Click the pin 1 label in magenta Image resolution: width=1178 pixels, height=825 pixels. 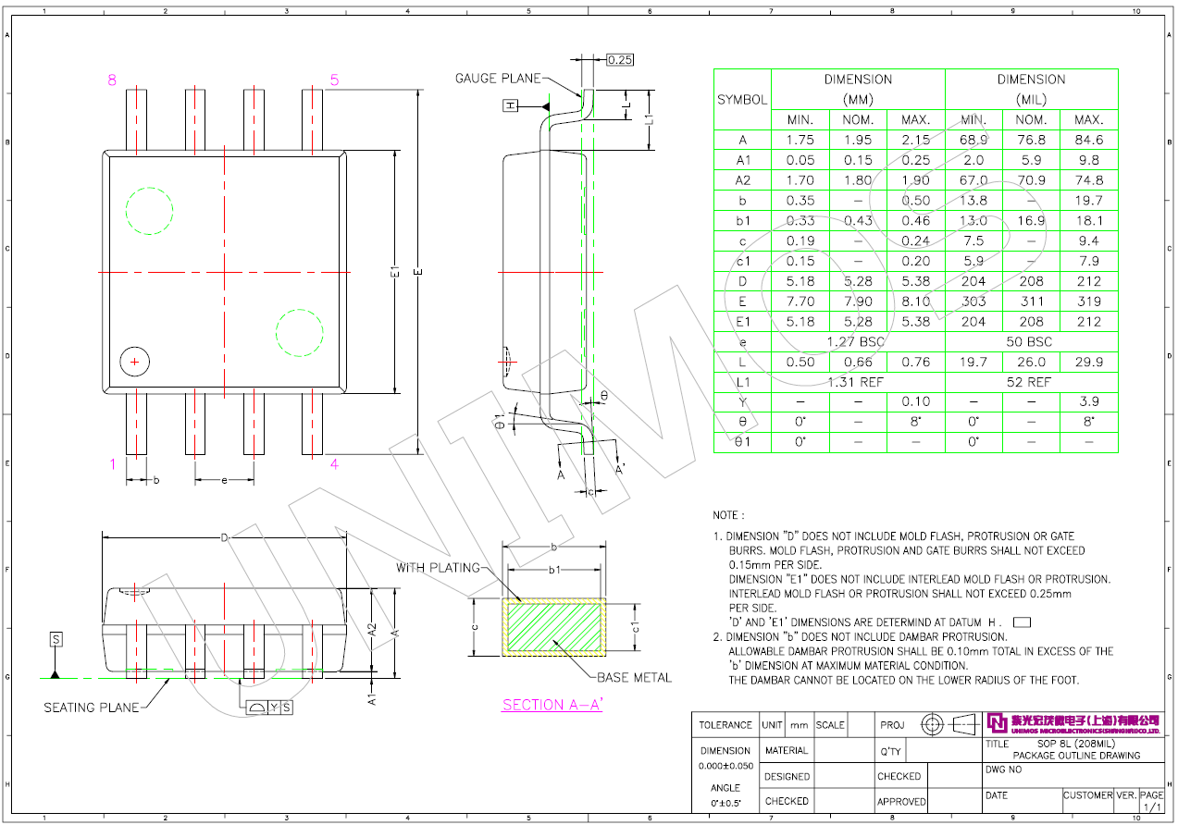(113, 464)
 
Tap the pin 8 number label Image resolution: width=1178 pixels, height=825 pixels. (112, 80)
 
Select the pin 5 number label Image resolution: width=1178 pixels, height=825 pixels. (334, 80)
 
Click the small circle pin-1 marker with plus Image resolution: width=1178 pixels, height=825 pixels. (135, 361)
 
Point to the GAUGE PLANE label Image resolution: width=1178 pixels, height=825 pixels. (497, 79)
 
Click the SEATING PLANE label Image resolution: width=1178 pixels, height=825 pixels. (92, 708)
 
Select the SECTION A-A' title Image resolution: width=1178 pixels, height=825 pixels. (552, 705)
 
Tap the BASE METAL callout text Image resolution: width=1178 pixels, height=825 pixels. (634, 678)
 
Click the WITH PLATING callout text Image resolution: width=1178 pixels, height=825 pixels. (438, 567)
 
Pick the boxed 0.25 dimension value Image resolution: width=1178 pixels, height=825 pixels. (620, 60)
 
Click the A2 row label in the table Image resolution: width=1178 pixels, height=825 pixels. (742, 180)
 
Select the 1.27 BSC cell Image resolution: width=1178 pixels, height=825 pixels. (858, 341)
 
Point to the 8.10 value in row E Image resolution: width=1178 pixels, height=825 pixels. (915, 302)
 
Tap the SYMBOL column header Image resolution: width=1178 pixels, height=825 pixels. (742, 100)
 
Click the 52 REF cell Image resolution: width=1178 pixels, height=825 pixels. (1031, 381)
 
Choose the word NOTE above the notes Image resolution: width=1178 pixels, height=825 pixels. (725, 515)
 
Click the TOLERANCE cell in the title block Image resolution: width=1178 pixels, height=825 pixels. (725, 725)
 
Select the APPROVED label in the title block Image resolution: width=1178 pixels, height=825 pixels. (901, 801)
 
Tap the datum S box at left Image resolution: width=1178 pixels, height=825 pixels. (56, 639)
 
